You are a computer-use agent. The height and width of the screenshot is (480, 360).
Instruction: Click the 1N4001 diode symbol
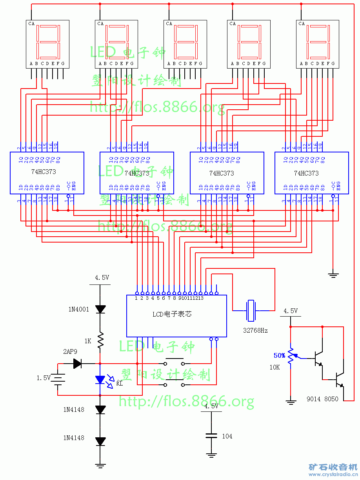[x=100, y=309]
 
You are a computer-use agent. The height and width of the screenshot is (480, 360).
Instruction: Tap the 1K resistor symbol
[x=100, y=340]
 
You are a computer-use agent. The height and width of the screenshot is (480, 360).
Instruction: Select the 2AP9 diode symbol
[x=77, y=364]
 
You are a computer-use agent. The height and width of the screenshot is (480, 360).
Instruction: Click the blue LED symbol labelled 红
[x=100, y=380]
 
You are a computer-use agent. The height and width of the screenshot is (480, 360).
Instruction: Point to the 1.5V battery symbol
[x=58, y=378]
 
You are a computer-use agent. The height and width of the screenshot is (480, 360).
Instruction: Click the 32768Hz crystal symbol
[x=251, y=310]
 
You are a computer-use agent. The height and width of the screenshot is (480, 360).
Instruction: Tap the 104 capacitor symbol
[x=211, y=436]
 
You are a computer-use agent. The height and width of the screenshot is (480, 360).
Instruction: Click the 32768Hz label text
[x=255, y=330]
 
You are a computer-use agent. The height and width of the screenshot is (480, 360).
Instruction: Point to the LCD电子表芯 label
[x=172, y=314]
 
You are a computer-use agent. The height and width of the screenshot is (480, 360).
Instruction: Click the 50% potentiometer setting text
[x=280, y=356]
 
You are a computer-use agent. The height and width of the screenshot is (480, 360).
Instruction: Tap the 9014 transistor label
[x=314, y=399]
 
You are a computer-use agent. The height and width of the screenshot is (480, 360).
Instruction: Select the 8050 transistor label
[x=331, y=399]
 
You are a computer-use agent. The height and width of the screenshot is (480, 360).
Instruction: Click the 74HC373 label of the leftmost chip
[x=44, y=172]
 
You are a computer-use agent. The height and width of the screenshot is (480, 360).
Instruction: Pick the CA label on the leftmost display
[x=31, y=24]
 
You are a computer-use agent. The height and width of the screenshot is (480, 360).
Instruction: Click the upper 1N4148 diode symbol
[x=100, y=409]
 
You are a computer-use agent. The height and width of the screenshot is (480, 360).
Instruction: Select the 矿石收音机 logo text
[x=333, y=467]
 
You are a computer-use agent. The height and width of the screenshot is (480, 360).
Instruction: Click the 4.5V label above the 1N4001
[x=102, y=277]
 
